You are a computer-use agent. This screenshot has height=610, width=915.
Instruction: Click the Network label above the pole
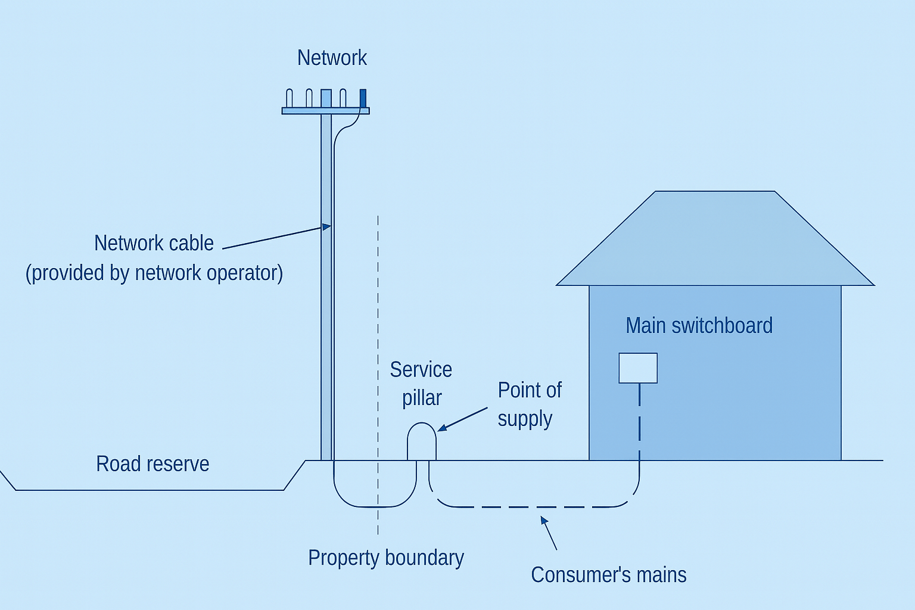[332, 58]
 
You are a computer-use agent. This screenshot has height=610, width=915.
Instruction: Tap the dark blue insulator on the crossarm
[363, 98]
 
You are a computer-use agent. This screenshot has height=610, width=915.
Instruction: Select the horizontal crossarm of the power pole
[326, 111]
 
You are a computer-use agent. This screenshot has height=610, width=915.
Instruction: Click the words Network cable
[154, 243]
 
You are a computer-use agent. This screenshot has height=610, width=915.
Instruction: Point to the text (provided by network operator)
[154, 273]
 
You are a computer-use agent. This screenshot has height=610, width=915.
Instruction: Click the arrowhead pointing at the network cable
[326, 226]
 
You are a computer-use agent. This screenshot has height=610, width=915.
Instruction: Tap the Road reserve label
[152, 463]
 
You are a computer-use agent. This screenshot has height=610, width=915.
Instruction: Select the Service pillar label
[421, 384]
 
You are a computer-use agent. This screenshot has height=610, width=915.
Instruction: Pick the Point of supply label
[530, 404]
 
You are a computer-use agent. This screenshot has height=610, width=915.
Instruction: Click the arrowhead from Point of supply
[443, 427]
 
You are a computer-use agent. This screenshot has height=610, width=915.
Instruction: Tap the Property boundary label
[386, 558]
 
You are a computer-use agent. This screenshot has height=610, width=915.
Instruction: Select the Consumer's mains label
[609, 575]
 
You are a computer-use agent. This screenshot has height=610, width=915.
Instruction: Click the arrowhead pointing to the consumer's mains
[544, 520]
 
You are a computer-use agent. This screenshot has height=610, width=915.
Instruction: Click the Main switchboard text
[699, 326]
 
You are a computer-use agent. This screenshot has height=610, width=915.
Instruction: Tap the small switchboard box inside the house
[638, 368]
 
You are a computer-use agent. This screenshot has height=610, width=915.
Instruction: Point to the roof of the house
[715, 238]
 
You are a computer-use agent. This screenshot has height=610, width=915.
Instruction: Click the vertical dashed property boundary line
[378, 375]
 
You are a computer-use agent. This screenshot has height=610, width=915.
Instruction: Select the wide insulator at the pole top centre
[326, 98]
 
